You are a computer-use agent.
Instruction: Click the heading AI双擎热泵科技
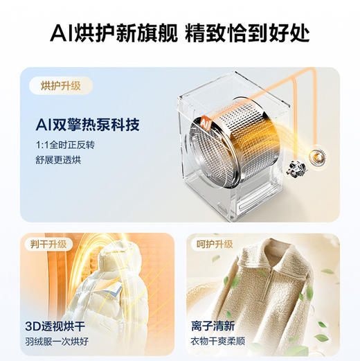88,125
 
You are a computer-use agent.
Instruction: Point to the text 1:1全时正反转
64,145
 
